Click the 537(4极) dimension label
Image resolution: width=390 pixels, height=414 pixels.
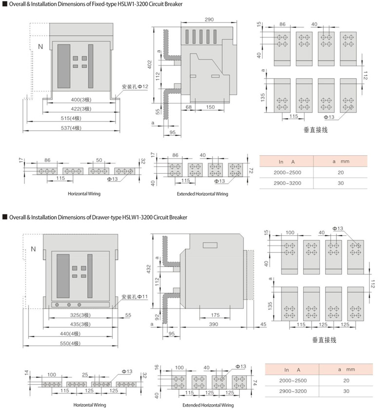point(71,128)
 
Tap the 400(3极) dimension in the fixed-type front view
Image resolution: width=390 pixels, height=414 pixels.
point(81,100)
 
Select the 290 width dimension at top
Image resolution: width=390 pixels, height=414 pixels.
point(209,20)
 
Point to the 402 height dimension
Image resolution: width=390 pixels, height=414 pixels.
point(150,64)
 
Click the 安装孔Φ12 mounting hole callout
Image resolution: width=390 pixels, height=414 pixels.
point(135,86)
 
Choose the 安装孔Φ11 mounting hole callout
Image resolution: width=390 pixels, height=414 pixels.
point(135,297)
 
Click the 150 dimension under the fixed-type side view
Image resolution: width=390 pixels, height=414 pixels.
point(210,107)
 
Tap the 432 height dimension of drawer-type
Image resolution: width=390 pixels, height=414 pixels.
point(149,269)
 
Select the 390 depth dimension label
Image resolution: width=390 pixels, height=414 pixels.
point(214,324)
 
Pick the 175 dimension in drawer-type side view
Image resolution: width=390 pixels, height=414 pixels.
point(215,315)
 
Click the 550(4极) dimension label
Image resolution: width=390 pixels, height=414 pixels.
point(70,344)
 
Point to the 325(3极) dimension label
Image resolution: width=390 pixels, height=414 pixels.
point(80,315)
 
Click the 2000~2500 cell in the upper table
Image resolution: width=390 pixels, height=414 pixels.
point(287,172)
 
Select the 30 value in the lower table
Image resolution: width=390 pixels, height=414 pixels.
point(346,391)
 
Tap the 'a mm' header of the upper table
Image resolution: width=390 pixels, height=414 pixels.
point(341,161)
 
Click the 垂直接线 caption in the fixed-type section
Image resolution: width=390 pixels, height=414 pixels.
point(315,130)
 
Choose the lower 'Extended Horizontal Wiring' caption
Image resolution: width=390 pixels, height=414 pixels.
point(208,405)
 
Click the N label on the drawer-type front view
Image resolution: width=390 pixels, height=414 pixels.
point(33,249)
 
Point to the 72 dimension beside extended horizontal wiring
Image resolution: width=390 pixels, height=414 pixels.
point(251,170)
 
